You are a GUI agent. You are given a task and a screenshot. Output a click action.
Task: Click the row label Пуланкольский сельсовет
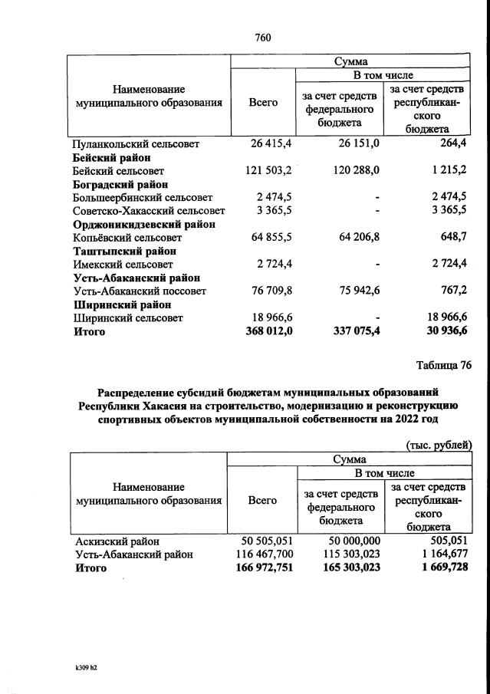pos(135,143)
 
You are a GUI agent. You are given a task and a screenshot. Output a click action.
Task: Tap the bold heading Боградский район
pos(120,184)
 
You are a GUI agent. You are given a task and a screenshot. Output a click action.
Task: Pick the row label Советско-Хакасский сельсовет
pos(148,211)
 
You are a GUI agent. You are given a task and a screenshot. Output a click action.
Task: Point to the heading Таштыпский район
pos(123,251)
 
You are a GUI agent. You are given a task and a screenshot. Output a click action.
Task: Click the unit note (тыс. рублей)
pos(438,444)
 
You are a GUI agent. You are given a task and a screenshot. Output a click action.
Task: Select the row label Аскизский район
pos(112,540)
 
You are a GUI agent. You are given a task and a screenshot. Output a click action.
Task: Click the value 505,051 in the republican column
pos(446,540)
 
